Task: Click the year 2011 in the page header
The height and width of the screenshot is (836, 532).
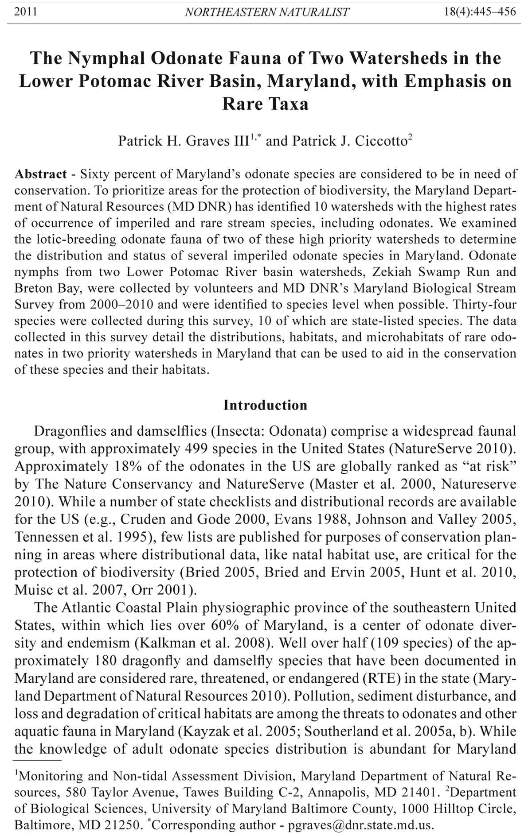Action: click(26, 12)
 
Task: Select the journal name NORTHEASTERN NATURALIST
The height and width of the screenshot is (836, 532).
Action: click(266, 12)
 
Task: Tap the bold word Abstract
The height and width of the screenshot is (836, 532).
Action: click(41, 174)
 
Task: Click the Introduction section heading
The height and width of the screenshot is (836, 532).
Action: click(265, 405)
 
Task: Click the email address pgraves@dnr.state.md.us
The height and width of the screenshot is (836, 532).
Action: click(360, 825)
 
